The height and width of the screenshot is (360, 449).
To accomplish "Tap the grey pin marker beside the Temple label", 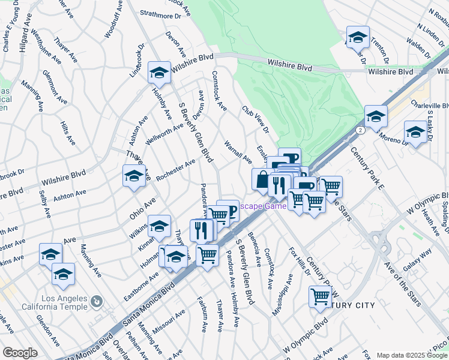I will (x=95, y=300).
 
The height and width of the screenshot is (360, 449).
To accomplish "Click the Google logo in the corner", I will (x=20, y=353).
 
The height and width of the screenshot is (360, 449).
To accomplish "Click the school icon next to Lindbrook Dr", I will (x=159, y=73).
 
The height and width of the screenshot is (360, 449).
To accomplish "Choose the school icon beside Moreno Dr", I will (x=415, y=132).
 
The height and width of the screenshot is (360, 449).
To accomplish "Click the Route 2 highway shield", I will (x=359, y=129).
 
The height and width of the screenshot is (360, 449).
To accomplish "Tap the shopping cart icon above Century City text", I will (x=321, y=296).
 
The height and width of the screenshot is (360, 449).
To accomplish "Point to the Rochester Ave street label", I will (x=175, y=170).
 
